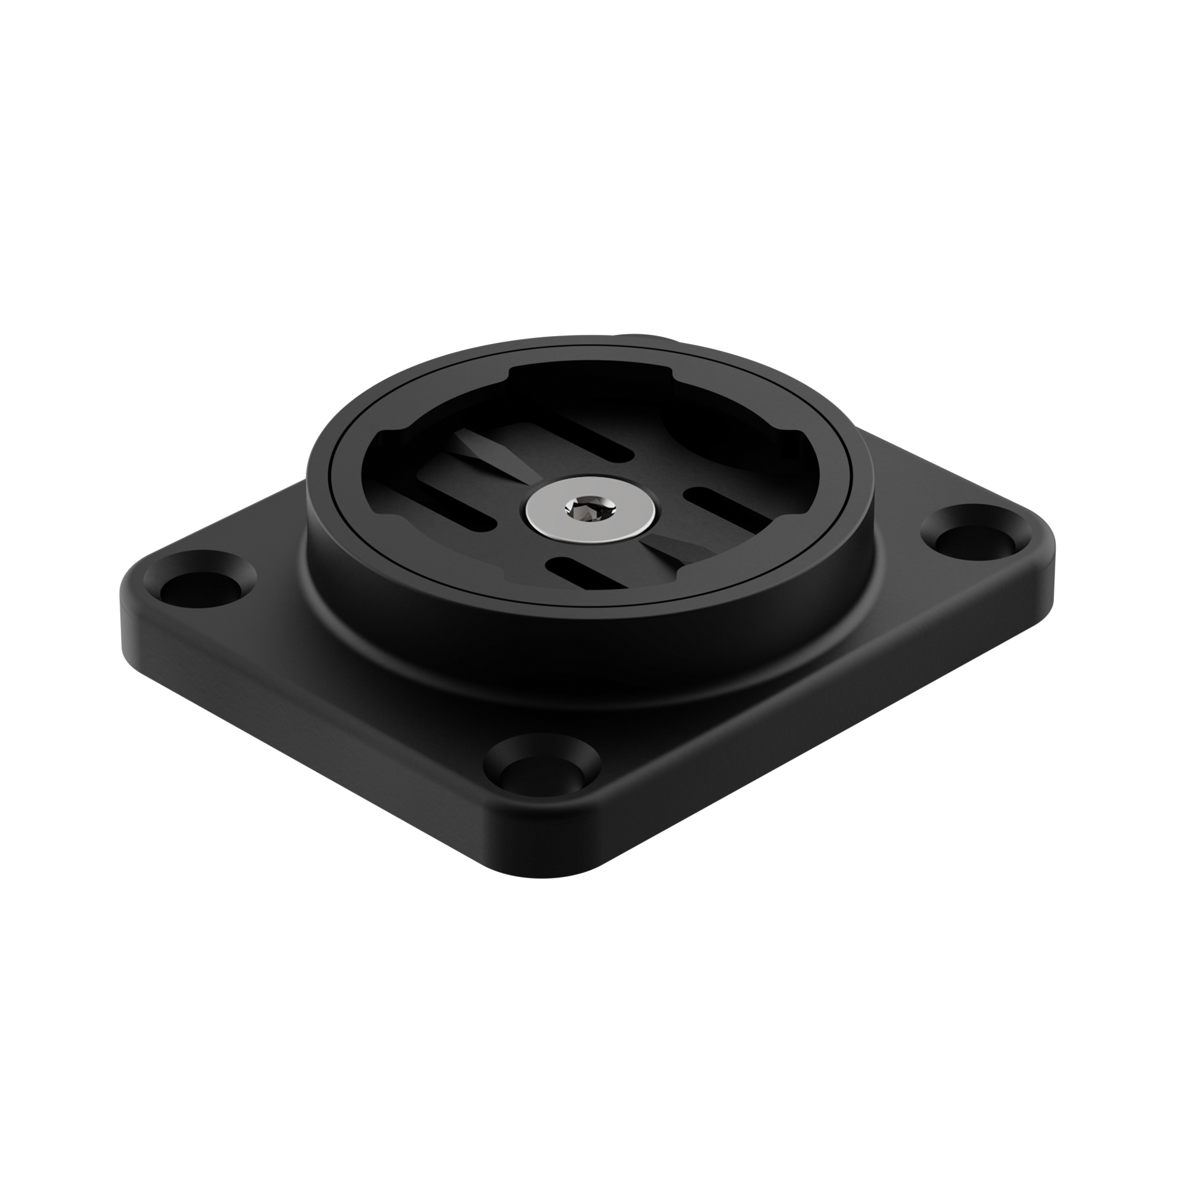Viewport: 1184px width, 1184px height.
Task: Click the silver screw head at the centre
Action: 591,512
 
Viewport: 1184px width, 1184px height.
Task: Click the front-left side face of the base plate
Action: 308,721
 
